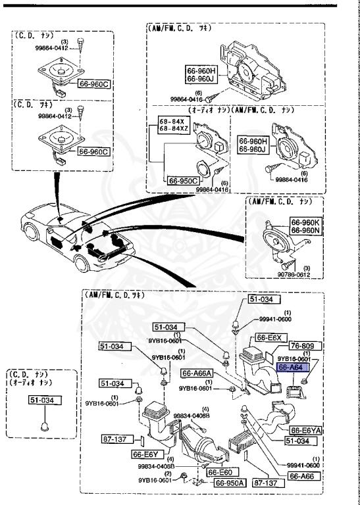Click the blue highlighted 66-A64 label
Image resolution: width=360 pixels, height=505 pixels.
pos(290,368)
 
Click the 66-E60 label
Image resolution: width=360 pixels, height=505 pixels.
pos(219,472)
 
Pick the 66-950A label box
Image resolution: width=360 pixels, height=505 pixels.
pos(228,482)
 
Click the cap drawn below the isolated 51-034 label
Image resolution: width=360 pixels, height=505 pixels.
pos(43,424)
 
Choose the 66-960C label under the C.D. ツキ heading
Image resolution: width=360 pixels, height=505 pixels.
pos(92,151)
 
